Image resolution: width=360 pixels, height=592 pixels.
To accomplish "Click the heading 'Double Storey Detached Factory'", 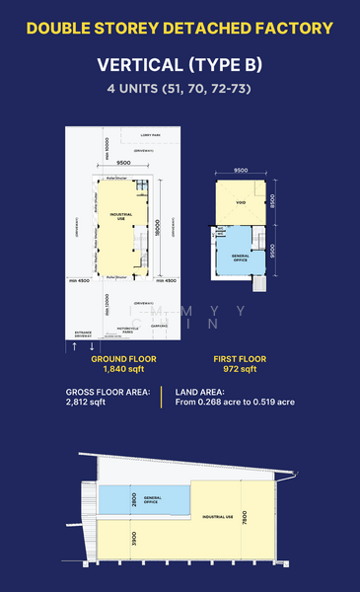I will pos(180,28).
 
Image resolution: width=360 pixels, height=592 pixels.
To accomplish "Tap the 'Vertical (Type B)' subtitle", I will pos(180,66).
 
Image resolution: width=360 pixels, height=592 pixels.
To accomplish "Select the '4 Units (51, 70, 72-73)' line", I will pos(180,89).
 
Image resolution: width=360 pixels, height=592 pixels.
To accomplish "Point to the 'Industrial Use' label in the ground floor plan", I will pos(122,216).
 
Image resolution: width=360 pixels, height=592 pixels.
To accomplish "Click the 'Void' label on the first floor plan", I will pos(239,204).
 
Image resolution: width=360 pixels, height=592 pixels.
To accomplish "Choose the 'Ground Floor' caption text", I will pos(123,358).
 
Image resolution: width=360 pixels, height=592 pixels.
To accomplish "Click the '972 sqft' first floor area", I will pos(235,369).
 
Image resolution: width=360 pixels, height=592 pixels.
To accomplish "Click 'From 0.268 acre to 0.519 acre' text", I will pos(235,403).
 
